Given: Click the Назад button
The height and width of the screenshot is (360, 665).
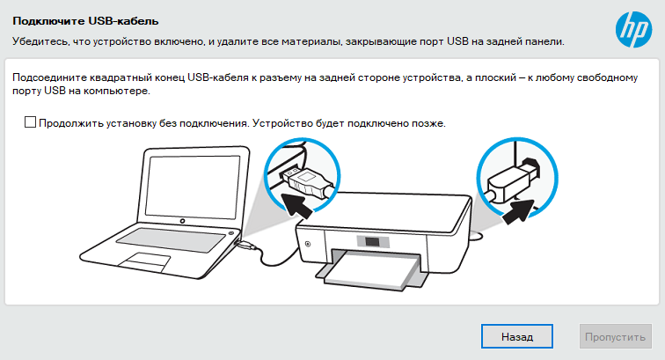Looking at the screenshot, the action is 517,336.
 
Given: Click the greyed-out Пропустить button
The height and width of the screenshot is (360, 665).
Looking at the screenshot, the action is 616,336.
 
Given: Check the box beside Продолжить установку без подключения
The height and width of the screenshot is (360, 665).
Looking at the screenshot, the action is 30,122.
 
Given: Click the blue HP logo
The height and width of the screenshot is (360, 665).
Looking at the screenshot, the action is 633,29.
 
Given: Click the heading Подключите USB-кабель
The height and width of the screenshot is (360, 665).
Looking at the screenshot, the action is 85,21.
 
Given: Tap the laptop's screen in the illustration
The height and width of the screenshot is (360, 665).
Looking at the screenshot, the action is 193,185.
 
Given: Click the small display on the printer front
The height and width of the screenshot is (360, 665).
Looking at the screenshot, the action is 372,241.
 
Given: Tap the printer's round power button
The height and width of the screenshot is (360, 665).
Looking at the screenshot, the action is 308,244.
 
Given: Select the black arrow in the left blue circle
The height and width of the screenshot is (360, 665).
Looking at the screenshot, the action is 296,204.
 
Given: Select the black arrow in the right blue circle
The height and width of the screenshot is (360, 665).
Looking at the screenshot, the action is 518,210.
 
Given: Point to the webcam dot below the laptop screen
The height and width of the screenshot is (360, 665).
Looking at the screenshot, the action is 182,221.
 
